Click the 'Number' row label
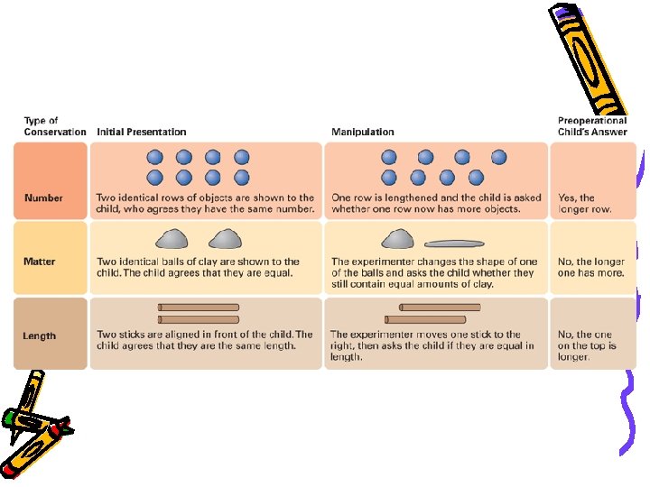click(43, 198)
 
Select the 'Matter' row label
click(39, 262)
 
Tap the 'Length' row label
click(39, 335)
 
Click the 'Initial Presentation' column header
click(141, 133)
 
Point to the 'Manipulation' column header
click(363, 133)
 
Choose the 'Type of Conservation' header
click(54, 126)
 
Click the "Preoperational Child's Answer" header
click(592, 126)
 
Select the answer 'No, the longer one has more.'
click(590, 267)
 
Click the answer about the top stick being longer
click(587, 345)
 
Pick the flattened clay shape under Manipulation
click(454, 243)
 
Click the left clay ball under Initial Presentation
click(172, 239)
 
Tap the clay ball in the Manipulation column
click(397, 239)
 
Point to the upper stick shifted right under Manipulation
click(441, 308)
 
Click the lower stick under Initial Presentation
click(199, 319)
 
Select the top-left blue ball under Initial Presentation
click(154, 157)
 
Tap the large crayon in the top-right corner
click(589, 54)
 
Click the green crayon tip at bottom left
click(11, 418)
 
